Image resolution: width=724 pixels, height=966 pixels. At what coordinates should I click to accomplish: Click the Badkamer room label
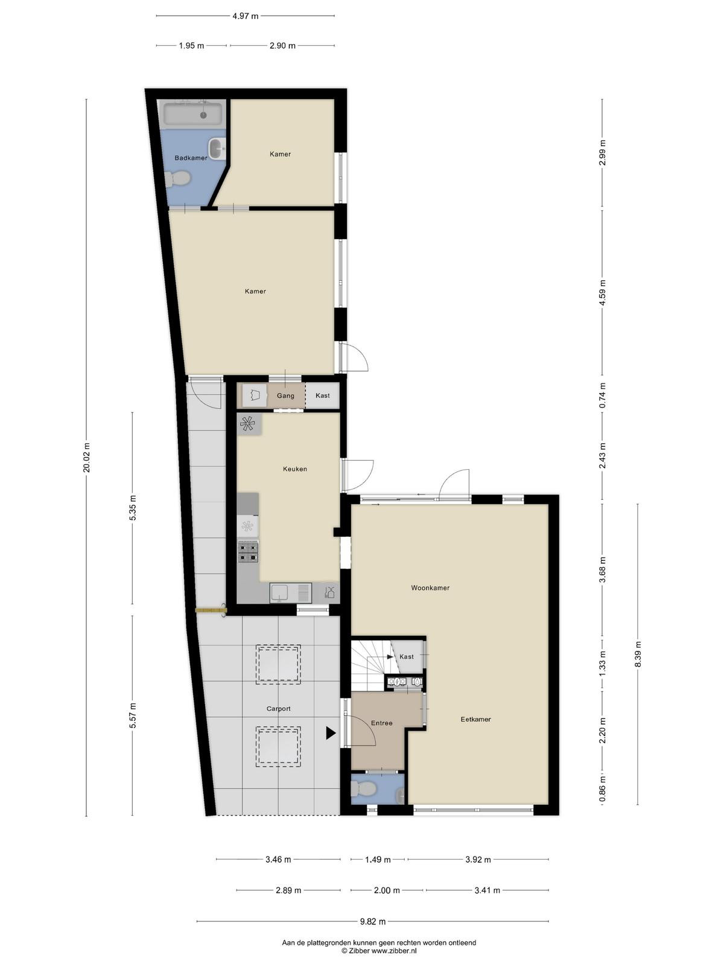[x=191, y=158]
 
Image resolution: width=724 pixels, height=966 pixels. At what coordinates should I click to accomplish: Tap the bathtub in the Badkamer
[x=193, y=114]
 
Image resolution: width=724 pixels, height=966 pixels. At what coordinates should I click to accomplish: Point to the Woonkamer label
[x=430, y=587]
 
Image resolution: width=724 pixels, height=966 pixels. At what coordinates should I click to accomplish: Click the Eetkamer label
[x=475, y=719]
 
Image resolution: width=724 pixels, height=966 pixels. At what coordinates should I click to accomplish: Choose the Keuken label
[x=295, y=469]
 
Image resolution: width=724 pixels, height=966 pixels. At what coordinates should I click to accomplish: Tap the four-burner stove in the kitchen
[x=248, y=552]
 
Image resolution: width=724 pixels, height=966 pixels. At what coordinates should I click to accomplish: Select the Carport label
[x=278, y=709]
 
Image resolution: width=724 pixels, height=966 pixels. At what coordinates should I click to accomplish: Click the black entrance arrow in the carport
[x=331, y=733]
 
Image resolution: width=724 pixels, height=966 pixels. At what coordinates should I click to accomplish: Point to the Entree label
[x=381, y=723]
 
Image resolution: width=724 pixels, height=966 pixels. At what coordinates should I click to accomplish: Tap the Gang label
[x=285, y=395]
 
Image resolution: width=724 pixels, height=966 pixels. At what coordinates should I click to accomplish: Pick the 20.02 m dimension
[x=87, y=458]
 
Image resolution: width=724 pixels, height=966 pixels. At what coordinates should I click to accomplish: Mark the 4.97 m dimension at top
[x=246, y=16]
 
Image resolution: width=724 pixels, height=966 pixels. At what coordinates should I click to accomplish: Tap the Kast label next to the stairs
[x=406, y=657]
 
